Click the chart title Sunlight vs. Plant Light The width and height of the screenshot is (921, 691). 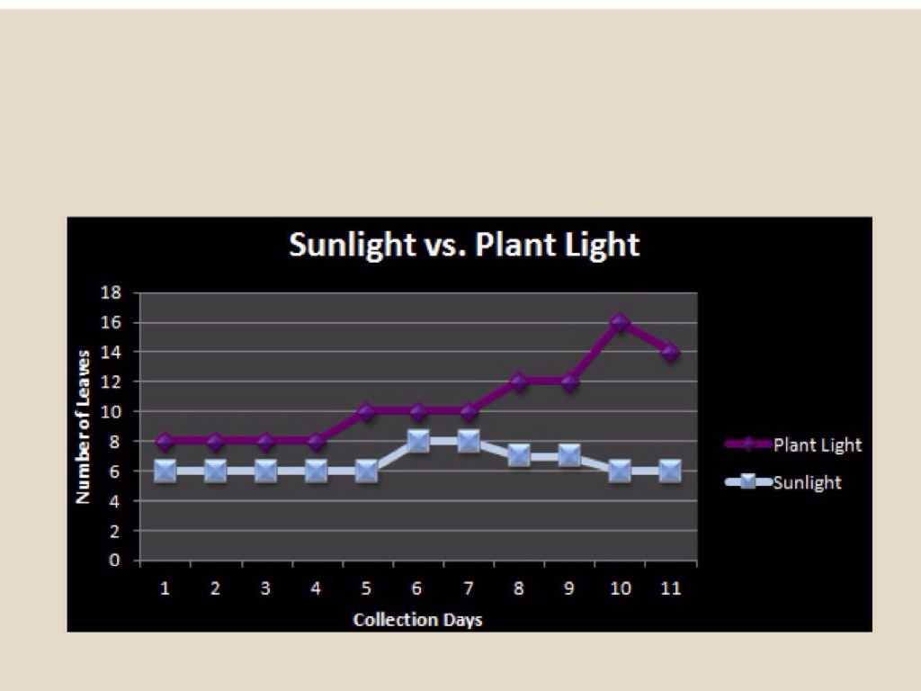[x=464, y=245]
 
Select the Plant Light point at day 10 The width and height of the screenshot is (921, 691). [x=619, y=322]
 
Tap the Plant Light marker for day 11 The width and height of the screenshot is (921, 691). [x=669, y=352]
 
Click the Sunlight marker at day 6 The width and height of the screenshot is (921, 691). [x=417, y=441]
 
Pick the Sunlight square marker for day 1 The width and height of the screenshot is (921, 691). [x=165, y=471]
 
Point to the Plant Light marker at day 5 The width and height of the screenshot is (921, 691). [x=366, y=411]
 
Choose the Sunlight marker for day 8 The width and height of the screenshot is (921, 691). [x=518, y=455]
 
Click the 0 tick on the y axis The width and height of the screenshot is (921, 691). [x=115, y=561]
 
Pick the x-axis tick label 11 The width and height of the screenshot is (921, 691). [x=670, y=588]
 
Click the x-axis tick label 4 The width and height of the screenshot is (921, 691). [x=316, y=588]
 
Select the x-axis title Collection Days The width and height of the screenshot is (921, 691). [x=417, y=620]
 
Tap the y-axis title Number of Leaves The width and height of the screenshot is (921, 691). [x=83, y=426]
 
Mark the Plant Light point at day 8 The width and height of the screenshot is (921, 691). [x=518, y=381]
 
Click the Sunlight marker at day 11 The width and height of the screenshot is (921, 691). [x=669, y=471]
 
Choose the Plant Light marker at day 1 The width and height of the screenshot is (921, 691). [x=165, y=441]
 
